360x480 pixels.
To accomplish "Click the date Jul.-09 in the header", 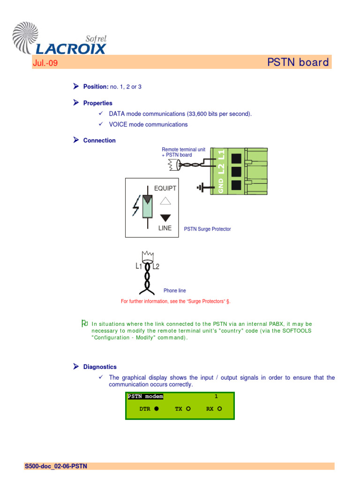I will [x=45, y=63].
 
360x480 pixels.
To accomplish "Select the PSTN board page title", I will [x=298, y=62].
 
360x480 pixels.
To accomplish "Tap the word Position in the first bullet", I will [x=96, y=87].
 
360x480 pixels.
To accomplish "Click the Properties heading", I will [x=97, y=103].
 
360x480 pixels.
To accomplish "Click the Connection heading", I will [x=99, y=141].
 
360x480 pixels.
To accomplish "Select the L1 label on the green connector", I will [x=221, y=154].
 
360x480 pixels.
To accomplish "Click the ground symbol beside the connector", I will [x=202, y=188].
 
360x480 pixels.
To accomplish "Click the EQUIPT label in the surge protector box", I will [x=165, y=188].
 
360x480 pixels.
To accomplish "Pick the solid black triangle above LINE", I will [x=165, y=217].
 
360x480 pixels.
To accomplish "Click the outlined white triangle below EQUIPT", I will [x=165, y=201].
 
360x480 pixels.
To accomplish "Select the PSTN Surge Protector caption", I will [x=207, y=229].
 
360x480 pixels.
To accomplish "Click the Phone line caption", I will [x=174, y=291].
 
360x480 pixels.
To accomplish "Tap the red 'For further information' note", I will [x=176, y=301].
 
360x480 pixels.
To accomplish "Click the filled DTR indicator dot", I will [x=157, y=409].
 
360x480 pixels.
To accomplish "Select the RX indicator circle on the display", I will [x=219, y=409].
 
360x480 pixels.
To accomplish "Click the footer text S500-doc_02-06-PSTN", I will [x=56, y=466].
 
